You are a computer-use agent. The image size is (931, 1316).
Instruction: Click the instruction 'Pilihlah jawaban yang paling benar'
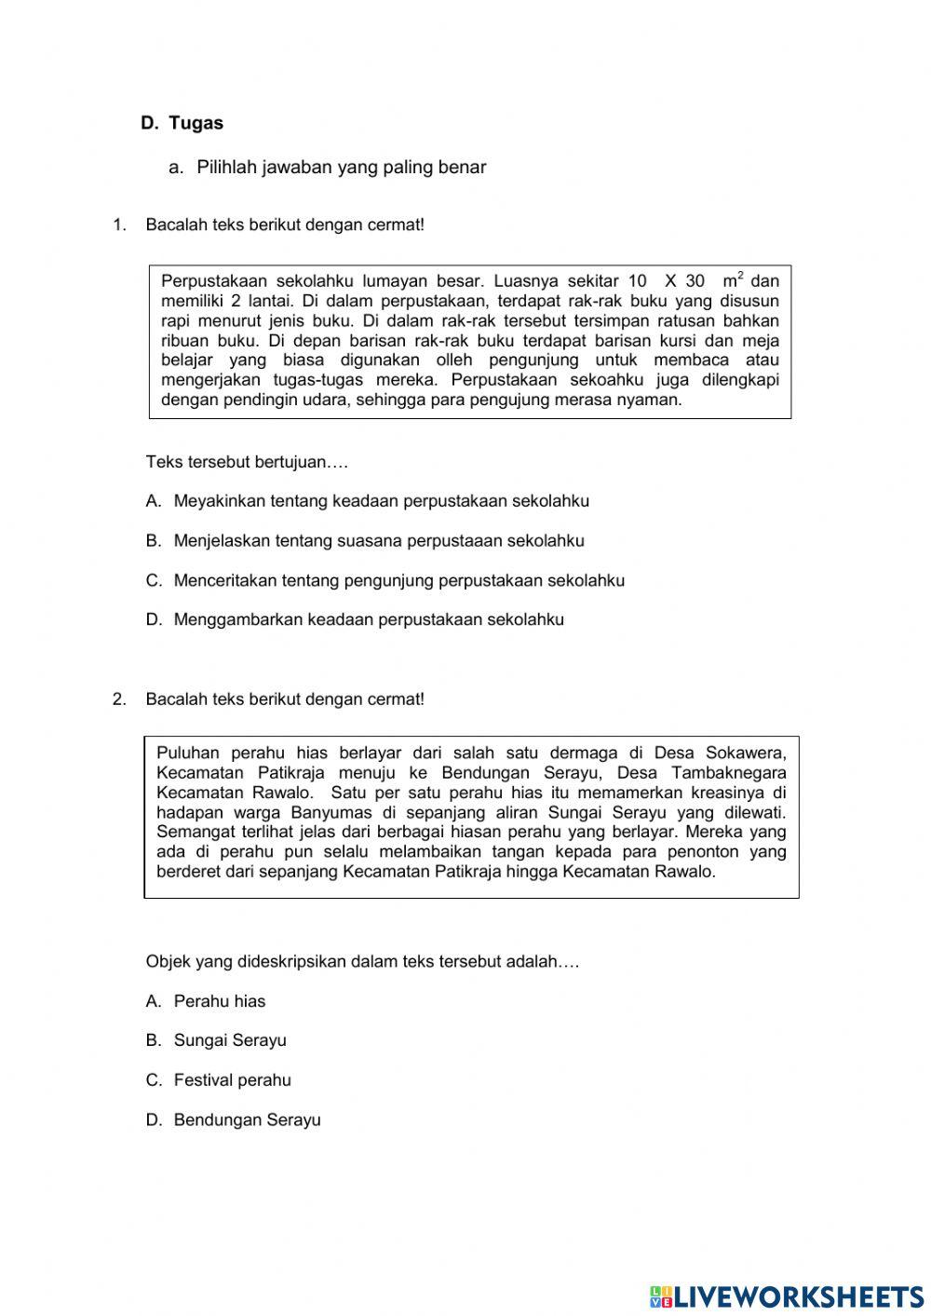point(341,168)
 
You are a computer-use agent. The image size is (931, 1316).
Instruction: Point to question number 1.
point(118,224)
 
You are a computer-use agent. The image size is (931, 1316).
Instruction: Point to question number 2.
point(118,699)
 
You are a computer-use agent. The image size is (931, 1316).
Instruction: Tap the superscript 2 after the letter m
point(740,275)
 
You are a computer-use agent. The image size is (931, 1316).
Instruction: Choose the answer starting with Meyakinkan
point(381,501)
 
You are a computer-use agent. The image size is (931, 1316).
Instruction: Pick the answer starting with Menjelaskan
point(379,541)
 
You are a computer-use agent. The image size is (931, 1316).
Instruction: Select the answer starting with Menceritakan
point(398,580)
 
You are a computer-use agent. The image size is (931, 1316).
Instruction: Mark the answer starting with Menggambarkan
point(369,620)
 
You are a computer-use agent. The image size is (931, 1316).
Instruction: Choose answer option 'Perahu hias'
point(219,1002)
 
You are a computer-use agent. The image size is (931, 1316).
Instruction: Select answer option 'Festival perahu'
point(232,1080)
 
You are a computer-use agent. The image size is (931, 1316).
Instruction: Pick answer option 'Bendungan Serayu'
point(247,1120)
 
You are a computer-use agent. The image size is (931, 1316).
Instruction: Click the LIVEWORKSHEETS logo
point(787,1296)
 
